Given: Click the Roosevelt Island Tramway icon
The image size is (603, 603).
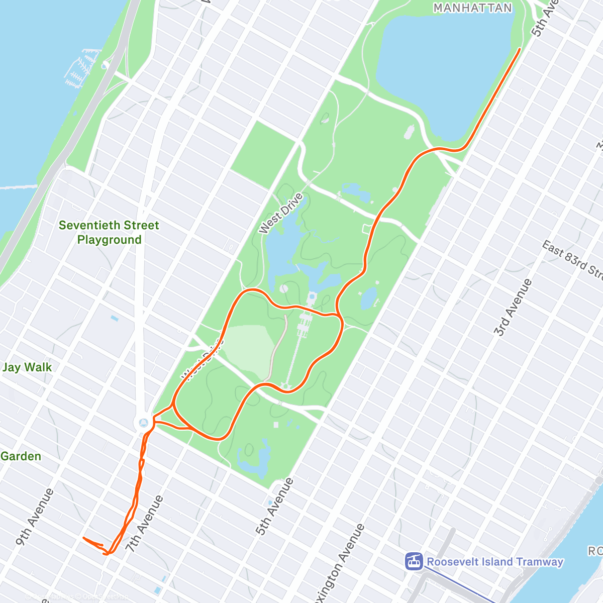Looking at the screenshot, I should coord(414,561).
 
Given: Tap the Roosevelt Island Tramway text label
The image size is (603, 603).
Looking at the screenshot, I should coord(495,562).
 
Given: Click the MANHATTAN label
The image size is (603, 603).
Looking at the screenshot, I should coord(472,8).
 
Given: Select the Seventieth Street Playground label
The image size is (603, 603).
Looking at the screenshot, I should coord(109,232).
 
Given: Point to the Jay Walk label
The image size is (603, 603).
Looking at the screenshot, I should coord(27,367).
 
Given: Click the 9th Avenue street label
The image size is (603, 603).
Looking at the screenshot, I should coord(34,517).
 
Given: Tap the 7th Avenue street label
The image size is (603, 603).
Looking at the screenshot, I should coord(144,524).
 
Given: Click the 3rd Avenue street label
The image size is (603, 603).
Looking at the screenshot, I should coord(513,307).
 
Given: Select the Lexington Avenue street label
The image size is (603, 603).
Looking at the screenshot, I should coord(340,563).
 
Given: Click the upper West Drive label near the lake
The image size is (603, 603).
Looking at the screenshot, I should coord(281,214).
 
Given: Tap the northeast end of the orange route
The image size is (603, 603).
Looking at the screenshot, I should coord(519,49).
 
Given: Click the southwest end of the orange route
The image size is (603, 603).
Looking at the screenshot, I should coord(83,538).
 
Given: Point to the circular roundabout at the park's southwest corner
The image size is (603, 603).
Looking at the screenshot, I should coord(143,421).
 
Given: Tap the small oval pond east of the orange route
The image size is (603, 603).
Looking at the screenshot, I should coord(368,298).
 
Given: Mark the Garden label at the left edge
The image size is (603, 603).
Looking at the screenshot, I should coord(21,456).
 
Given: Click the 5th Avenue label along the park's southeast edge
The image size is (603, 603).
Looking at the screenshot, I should coord(274,506).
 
